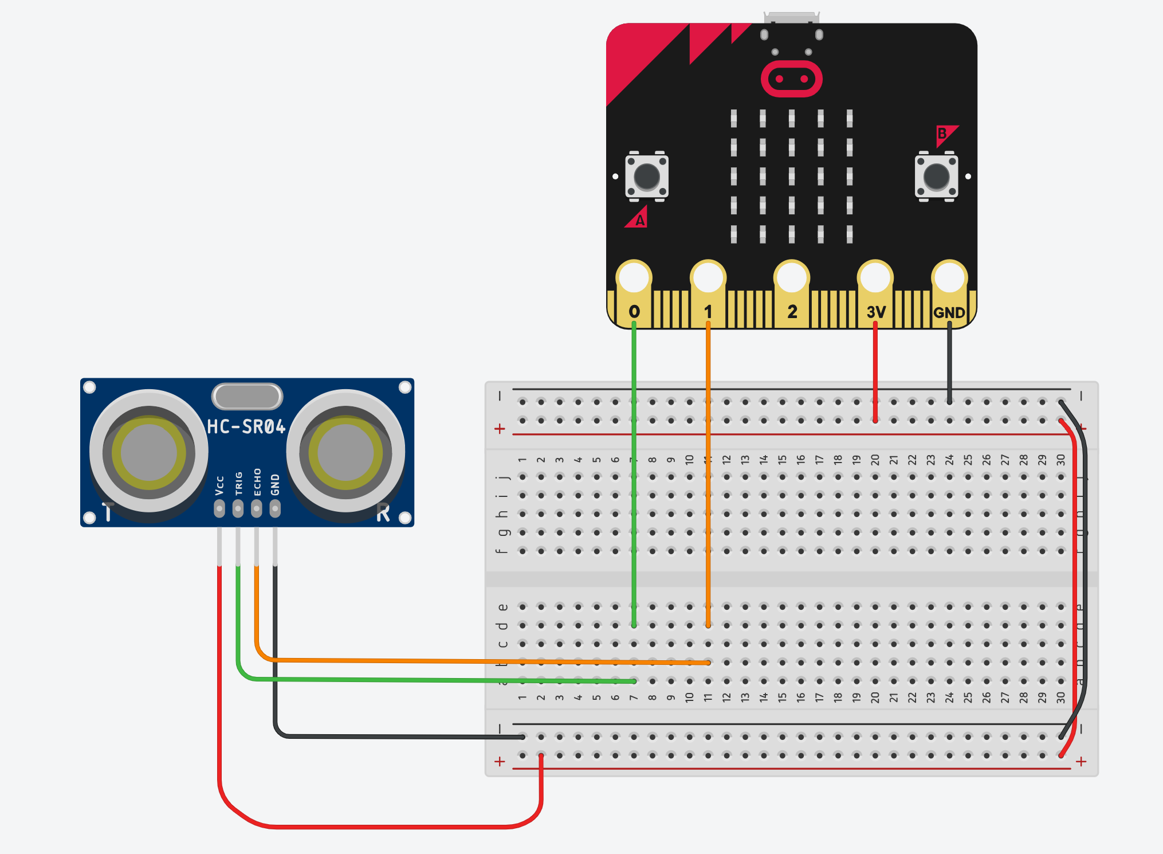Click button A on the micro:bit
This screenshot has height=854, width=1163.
[647, 176]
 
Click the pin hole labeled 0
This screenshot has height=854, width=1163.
[634, 278]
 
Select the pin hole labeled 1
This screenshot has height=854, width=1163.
[708, 278]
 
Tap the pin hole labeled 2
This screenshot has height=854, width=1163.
[792, 278]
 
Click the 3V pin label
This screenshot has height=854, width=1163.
[876, 312]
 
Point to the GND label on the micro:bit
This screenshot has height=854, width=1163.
[949, 312]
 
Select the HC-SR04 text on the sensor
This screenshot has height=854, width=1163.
[246, 426]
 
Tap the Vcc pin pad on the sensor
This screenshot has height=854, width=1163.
[219, 508]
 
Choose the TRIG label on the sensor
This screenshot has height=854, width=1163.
[238, 484]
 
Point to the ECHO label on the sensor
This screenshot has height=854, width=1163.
[257, 482]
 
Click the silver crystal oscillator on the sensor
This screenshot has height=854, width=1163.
[247, 396]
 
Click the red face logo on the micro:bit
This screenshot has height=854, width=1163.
[792, 79]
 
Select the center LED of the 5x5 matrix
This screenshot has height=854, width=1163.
[792, 176]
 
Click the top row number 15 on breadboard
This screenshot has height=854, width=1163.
[782, 460]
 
